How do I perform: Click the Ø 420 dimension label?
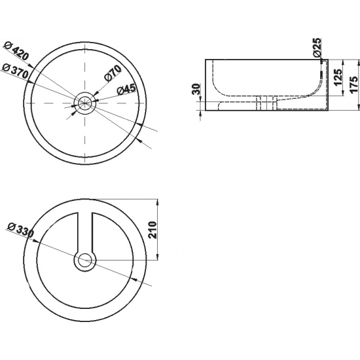coord(17,51)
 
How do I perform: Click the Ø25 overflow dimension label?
coord(317,48)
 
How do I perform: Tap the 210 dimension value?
coord(153,230)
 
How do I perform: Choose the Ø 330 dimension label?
coord(20,230)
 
